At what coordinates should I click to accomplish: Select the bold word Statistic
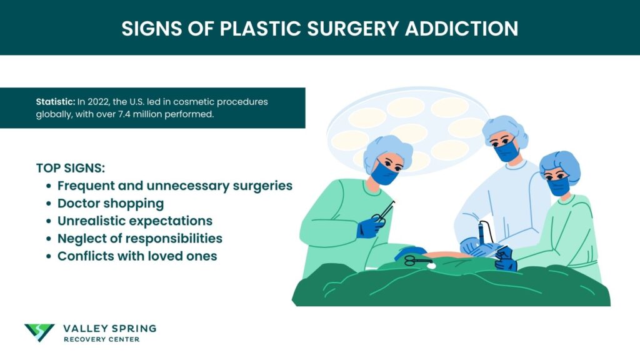point(55,102)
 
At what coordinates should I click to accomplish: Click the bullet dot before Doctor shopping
point(49,204)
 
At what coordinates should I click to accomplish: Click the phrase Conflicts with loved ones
point(137,256)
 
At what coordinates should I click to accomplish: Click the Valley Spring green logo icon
point(39,332)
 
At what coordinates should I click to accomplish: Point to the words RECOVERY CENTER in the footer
point(101,339)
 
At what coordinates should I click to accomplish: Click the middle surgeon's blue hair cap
point(504,127)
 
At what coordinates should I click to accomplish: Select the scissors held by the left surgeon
point(382,214)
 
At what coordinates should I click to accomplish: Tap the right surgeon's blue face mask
point(558,184)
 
